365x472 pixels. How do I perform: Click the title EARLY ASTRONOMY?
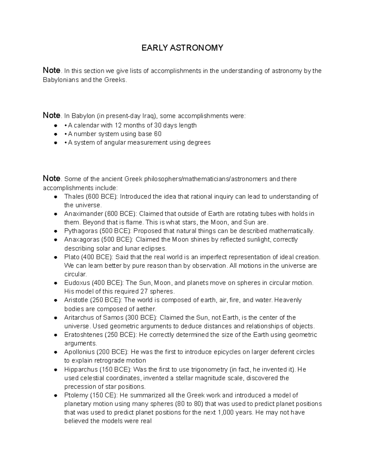[x=182, y=48]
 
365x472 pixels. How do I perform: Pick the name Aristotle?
[x=76, y=300]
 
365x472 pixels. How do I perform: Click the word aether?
[x=146, y=309]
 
